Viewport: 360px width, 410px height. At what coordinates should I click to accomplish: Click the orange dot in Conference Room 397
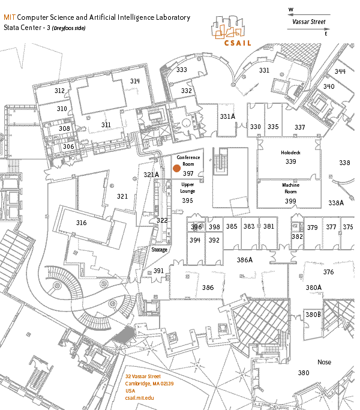[x=177, y=169]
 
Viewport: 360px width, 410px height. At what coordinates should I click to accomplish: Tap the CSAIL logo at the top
[x=231, y=33]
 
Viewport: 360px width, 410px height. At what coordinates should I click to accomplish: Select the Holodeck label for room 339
[x=290, y=152]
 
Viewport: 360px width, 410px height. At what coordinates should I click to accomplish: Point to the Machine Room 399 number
[x=290, y=201]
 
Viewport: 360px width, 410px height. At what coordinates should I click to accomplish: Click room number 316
[x=82, y=223]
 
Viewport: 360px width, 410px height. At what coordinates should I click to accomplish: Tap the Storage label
[x=159, y=250]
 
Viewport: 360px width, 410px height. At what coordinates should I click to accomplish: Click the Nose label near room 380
[x=324, y=362]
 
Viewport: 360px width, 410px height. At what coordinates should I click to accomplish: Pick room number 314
[x=134, y=81]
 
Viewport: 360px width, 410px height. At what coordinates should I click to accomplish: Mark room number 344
[x=340, y=71]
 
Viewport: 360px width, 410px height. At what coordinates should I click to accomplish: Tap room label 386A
[x=245, y=260]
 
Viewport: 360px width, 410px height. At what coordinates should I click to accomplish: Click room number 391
[x=158, y=271]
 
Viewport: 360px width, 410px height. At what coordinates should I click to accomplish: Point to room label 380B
[x=313, y=315]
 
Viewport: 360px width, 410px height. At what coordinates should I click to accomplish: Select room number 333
[x=181, y=70]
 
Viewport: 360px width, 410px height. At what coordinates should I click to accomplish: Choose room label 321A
[x=151, y=175]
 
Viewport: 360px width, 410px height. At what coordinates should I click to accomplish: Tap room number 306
[x=68, y=146]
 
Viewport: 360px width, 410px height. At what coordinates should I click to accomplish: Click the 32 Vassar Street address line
[x=143, y=376]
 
